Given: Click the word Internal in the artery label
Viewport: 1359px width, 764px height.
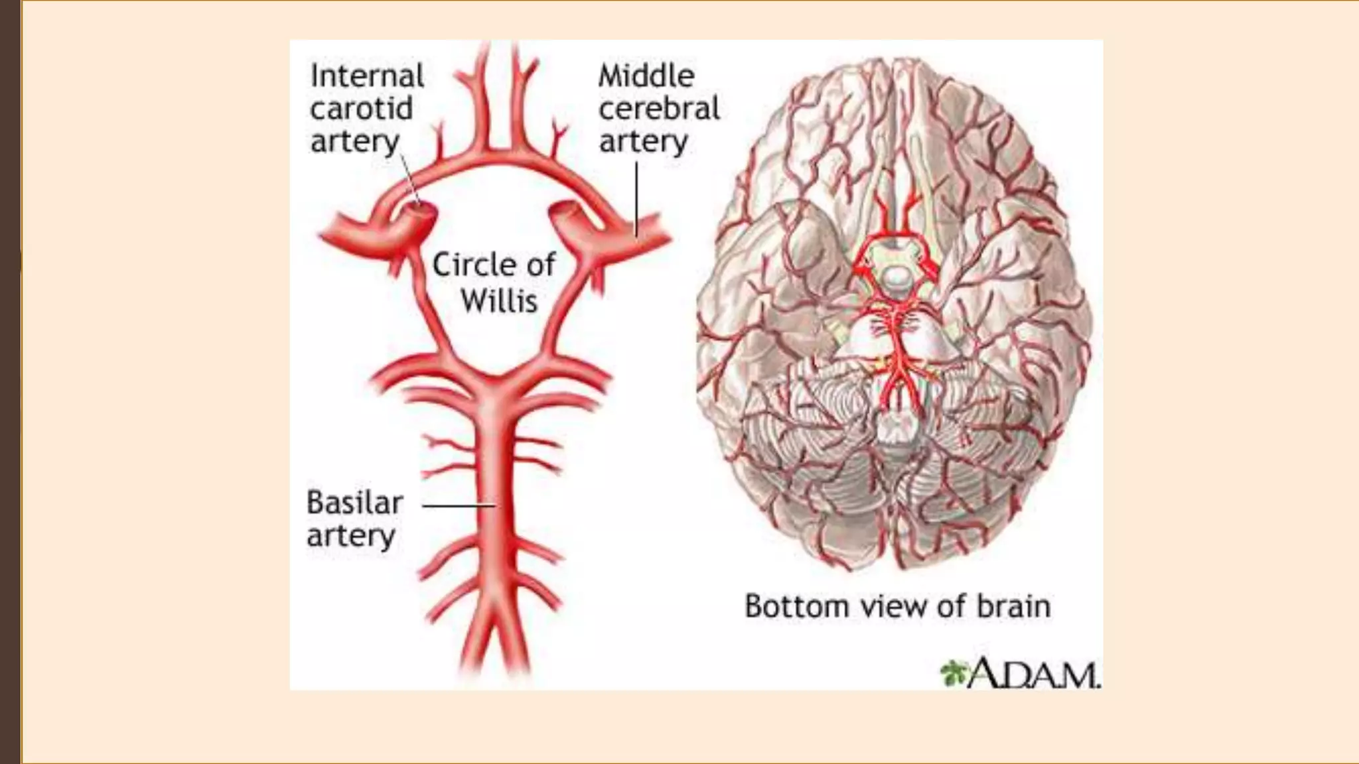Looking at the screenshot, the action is click(367, 76).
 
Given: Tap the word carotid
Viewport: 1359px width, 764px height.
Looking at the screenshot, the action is click(362, 108).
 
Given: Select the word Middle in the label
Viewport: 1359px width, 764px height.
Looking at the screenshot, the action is click(646, 76).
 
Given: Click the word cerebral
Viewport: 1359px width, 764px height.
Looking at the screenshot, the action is click(659, 108).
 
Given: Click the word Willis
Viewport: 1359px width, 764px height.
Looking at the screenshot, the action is click(499, 301).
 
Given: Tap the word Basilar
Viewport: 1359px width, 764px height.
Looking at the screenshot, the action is click(354, 503).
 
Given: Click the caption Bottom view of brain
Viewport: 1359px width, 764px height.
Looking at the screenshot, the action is click(897, 606).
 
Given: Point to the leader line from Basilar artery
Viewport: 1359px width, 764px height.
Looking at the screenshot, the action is click(459, 506).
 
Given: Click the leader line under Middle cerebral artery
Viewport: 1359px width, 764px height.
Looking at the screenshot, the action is click(636, 199).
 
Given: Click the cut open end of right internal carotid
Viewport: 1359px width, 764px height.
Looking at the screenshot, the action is click(565, 210).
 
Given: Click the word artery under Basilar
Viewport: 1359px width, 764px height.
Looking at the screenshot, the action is click(351, 536).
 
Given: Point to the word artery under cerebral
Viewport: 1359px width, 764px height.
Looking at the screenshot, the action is click(643, 141).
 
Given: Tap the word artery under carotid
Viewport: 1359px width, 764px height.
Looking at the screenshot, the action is click(355, 141).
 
